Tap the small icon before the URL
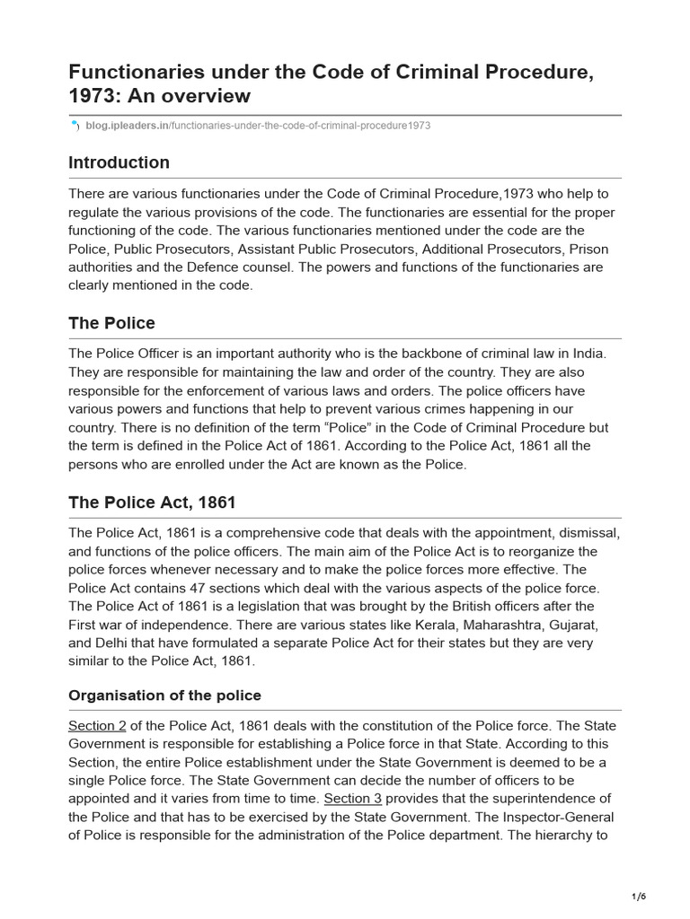point(75,126)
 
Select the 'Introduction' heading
point(119,162)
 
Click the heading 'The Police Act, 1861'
point(152,503)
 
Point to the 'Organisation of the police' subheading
point(164,696)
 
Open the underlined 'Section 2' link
point(97,725)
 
